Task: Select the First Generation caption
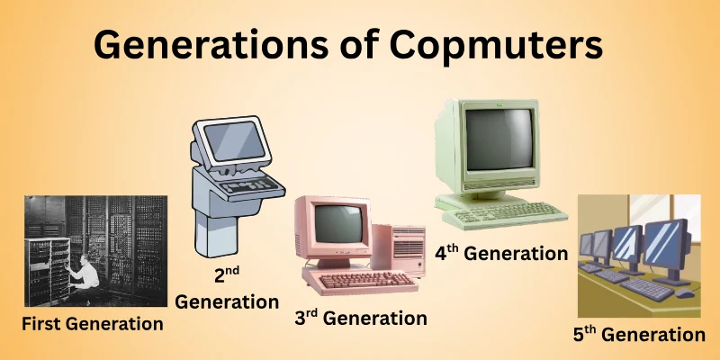94,323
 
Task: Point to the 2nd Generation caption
226,287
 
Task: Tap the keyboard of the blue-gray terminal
245,188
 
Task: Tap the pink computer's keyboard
359,281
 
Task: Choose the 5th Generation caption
639,335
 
